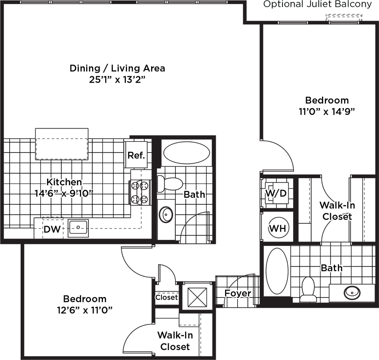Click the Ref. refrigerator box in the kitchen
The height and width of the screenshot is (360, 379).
pos(137,155)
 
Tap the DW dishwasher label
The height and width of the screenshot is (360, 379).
pos(53,230)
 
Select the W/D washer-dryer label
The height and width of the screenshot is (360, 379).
pos(276,193)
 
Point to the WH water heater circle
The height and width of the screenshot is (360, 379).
pos(278,228)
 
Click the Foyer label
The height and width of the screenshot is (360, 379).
pos(238,293)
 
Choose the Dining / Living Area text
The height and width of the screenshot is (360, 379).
pos(117,69)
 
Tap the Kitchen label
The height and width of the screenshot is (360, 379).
pos(64,182)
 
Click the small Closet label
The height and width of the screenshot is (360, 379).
pos(167,297)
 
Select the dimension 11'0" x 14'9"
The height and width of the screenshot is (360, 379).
pos(324,112)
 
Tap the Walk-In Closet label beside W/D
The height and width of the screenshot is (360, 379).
pos(336,210)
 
